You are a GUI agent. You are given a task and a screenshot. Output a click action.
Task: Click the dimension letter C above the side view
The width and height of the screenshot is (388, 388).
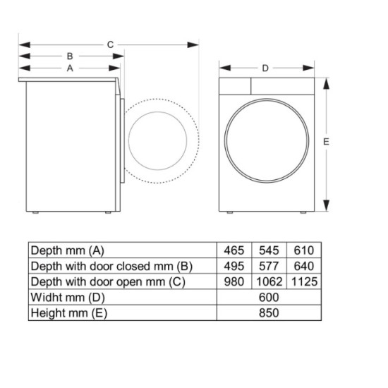pos(110,44)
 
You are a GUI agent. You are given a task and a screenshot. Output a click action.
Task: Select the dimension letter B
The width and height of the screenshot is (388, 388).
pos(70,56)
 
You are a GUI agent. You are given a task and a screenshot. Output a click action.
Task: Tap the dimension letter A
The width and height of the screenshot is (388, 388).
pos(70,68)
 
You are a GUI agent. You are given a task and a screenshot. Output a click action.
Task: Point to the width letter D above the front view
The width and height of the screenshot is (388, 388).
pos(265,68)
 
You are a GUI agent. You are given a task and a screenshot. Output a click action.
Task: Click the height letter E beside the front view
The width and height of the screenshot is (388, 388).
pos(326,142)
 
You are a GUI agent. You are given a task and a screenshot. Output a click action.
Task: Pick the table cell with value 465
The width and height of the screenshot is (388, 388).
pos(234,250)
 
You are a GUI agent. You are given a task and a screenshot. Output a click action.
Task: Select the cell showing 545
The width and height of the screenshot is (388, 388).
pos(269,250)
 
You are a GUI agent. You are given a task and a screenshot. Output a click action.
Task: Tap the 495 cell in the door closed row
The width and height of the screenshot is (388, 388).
pos(234,266)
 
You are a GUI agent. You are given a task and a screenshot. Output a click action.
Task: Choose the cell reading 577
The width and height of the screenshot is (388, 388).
pos(269,266)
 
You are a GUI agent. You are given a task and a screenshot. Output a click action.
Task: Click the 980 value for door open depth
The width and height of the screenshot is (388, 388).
pos(234,281)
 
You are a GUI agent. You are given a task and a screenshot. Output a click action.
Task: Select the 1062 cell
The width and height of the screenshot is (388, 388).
pos(269,281)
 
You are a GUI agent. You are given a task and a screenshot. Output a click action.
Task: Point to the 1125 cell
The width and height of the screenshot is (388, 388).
pos(304,281)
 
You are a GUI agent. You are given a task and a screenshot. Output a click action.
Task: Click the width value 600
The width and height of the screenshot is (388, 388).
pos(269,297)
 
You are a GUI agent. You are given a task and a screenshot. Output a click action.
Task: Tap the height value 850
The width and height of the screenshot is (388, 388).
pos(269,313)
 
